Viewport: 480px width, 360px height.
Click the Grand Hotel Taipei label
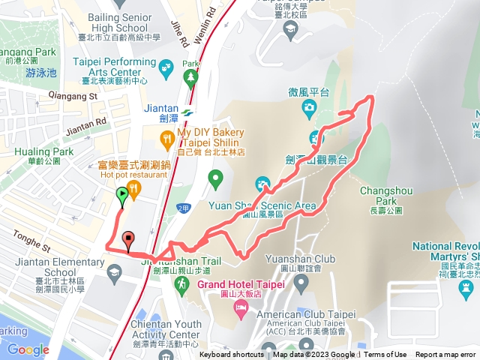click(240, 284)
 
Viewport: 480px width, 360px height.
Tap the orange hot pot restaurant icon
click(134, 188)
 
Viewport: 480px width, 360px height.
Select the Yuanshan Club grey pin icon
click(301, 283)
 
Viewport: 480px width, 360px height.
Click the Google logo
click(28, 349)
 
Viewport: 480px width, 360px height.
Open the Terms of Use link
click(385, 355)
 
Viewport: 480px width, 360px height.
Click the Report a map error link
click(445, 355)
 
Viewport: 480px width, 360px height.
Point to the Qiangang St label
click(73, 96)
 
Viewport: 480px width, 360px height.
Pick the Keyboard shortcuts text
click(231, 355)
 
